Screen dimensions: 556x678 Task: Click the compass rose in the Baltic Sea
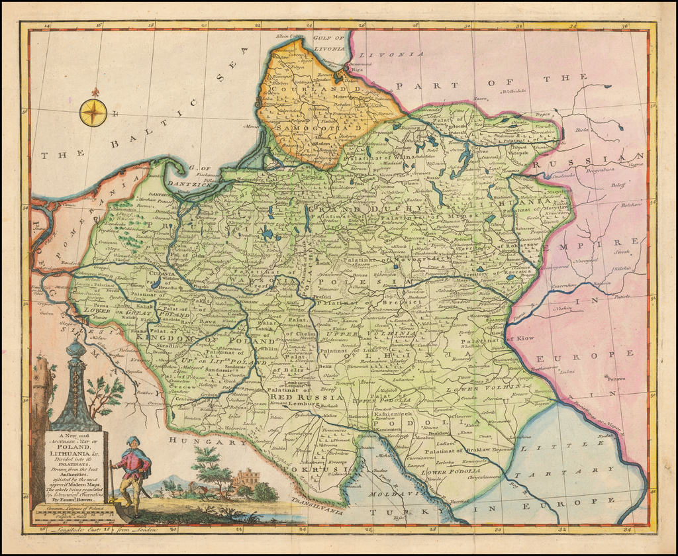93,113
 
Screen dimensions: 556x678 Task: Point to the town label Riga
358,68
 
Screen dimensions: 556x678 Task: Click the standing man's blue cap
132,441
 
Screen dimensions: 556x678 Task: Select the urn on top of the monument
76,348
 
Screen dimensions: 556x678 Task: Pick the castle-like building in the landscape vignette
246,478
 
